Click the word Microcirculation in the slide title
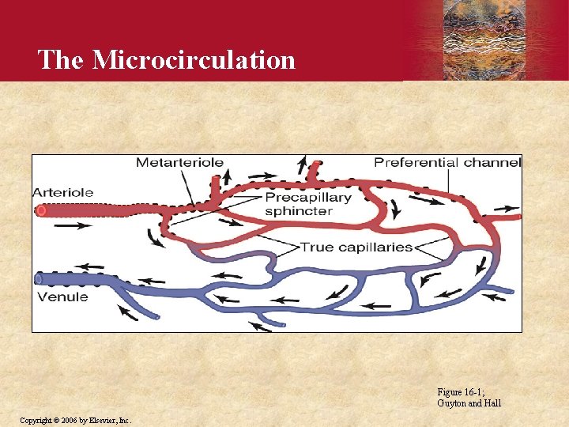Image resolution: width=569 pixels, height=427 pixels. [194, 59]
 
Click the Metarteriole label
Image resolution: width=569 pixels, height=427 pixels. [179, 163]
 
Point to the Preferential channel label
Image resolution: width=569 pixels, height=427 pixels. [447, 163]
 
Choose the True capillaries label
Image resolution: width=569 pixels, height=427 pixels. [356, 247]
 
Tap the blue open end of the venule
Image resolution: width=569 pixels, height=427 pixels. [39, 279]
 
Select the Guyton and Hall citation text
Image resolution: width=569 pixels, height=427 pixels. [469, 403]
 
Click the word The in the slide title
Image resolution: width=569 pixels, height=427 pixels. [61, 59]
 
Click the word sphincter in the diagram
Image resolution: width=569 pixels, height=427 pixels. [298, 211]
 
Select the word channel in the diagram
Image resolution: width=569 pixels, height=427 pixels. [493, 163]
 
